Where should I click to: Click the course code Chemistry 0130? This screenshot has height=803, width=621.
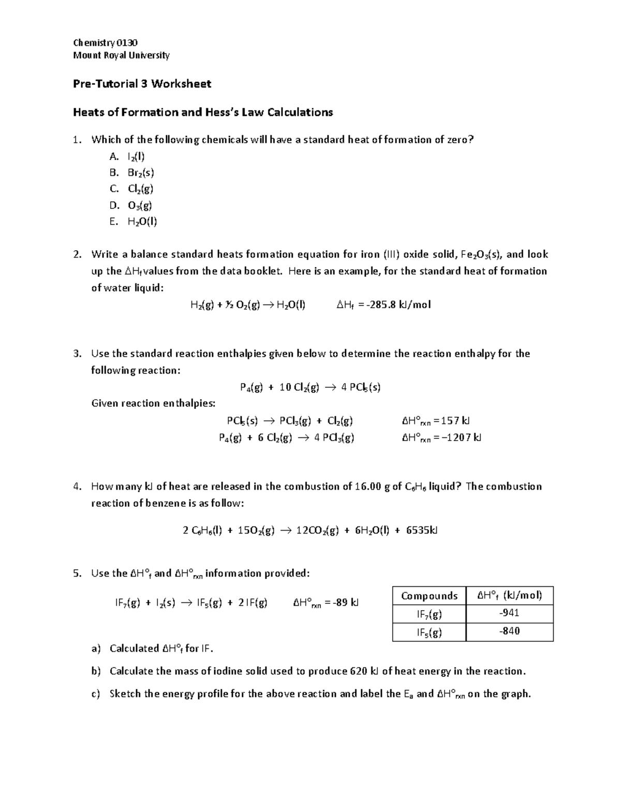pos(105,43)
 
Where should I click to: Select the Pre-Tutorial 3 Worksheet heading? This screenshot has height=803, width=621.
pos(142,84)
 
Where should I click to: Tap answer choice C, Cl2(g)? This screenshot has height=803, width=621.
pos(140,189)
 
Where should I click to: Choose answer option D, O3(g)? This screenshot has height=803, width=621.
pos(140,205)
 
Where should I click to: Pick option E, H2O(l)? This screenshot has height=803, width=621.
pos(142,222)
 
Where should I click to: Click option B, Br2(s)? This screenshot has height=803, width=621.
pos(141,173)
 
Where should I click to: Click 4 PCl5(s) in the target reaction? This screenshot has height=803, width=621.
pos(361,387)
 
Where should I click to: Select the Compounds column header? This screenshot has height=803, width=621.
pos(429,596)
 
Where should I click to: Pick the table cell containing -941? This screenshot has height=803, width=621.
pos(509,613)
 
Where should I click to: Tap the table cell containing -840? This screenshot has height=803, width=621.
pos(509,631)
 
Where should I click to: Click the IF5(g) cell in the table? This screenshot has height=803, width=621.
pos(429,632)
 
